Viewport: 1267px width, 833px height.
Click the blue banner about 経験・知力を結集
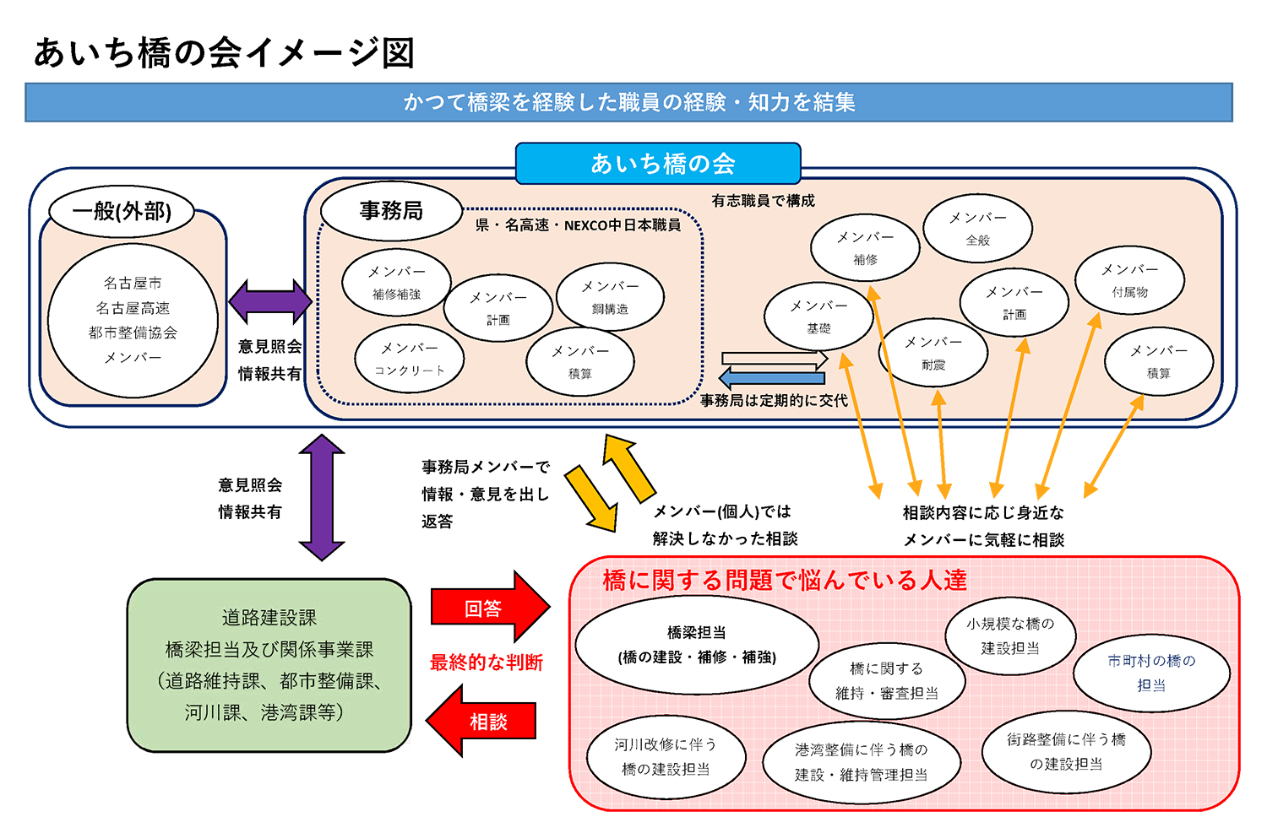(628, 102)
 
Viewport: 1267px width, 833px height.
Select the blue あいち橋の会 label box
(658, 163)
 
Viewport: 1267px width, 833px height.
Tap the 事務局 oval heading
(391, 210)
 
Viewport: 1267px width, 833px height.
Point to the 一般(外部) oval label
(122, 211)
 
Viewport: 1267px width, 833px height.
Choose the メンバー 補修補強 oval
(396, 282)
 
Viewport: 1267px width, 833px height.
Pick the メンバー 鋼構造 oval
(610, 297)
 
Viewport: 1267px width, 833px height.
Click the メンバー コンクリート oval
(409, 359)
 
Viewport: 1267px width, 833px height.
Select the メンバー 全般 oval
(977, 228)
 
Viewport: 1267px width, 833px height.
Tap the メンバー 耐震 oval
(933, 353)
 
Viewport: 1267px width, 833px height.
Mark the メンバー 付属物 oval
(1129, 280)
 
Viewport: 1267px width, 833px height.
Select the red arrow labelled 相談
(483, 722)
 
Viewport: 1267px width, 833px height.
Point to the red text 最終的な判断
(487, 663)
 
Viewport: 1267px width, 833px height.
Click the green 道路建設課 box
(269, 665)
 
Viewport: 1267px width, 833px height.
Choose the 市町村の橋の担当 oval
(1151, 673)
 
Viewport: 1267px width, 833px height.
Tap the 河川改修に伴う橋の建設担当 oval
(666, 756)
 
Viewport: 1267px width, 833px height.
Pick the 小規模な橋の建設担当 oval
(1010, 636)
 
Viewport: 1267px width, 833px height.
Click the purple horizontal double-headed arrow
(270, 301)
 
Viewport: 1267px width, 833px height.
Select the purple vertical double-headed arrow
(322, 497)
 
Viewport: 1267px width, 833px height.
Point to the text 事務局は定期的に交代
(774, 401)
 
